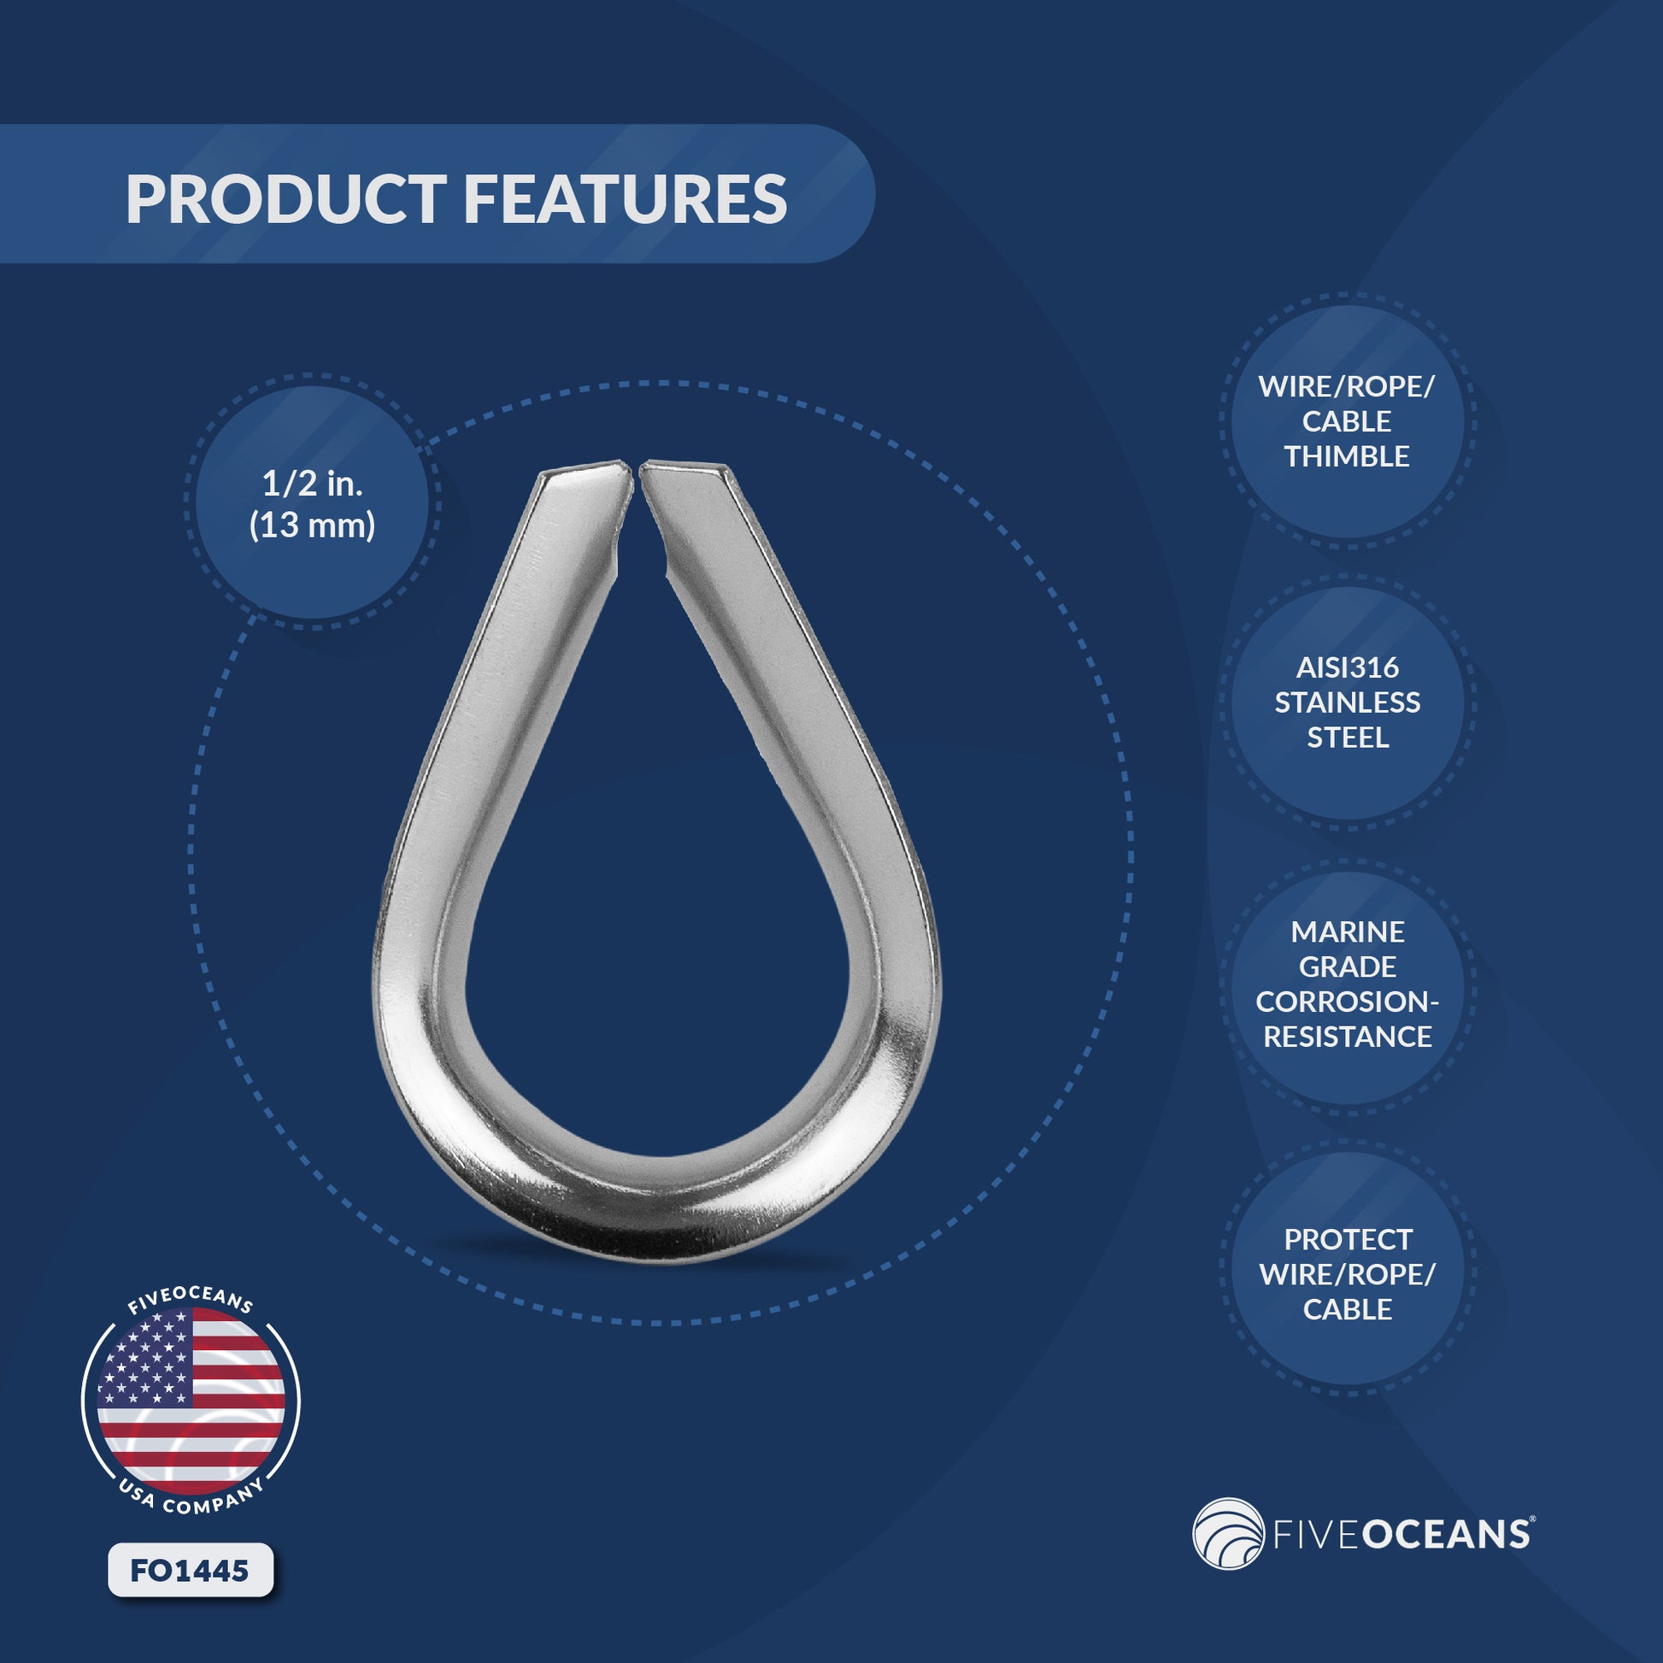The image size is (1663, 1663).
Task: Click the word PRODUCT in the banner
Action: click(285, 199)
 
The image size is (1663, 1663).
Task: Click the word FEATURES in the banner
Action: click(625, 199)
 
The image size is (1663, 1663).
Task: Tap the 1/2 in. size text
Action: click(312, 484)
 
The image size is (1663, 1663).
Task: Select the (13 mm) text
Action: click(312, 525)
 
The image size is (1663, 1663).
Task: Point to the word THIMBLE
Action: click(1346, 456)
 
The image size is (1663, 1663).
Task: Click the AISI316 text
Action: click(1347, 667)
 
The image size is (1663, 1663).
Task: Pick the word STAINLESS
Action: click(1347, 702)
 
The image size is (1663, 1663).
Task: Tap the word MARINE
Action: click(1347, 931)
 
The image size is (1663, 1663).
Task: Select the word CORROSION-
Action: click(1347, 1001)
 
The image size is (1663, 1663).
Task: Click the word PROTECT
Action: click(1347, 1239)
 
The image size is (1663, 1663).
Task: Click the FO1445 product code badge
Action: click(191, 1571)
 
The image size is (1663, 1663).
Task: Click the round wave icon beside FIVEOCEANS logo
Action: click(1227, 1534)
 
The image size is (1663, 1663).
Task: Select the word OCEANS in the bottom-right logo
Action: click(1446, 1535)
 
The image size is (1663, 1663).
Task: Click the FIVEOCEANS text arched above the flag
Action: click(191, 1300)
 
